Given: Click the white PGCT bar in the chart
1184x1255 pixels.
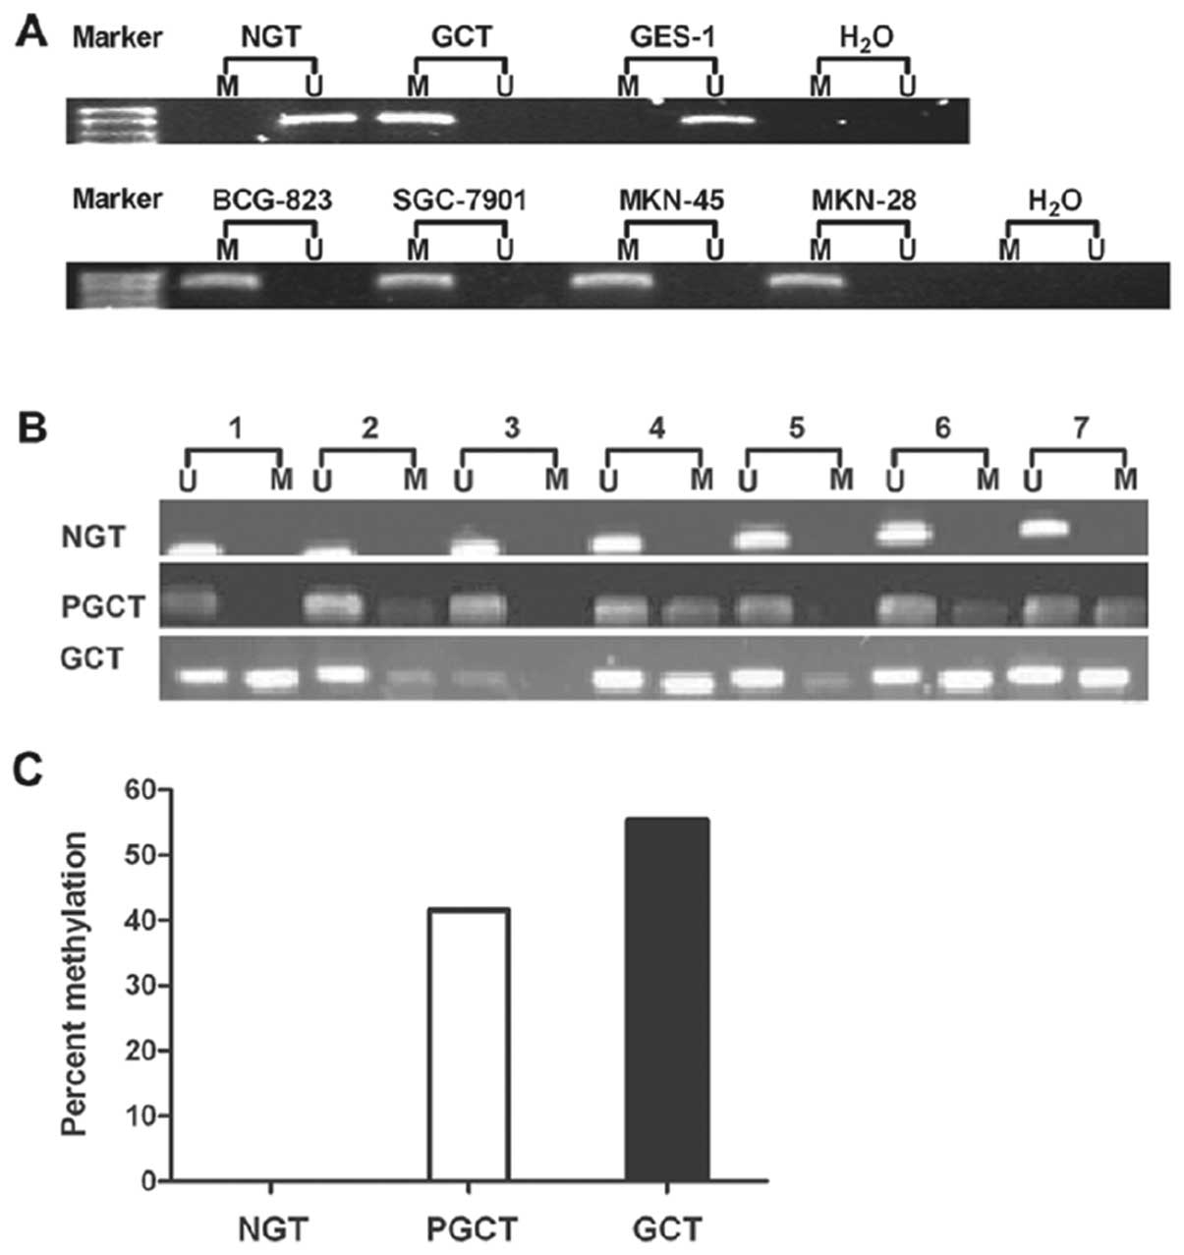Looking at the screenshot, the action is pos(469,1044).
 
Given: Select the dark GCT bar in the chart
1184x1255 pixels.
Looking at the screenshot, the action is pos(667,998).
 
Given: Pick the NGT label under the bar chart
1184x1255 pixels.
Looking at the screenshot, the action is pos(272,1228).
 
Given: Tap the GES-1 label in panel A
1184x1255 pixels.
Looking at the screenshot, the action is pos(673,38).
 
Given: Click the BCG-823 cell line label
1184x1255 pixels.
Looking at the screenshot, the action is pos(272,201).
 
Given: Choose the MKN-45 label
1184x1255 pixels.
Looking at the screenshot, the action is pos(673,201).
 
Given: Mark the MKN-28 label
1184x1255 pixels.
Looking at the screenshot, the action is pos(864,201).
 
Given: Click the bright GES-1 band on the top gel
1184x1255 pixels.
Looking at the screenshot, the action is pos(718,121).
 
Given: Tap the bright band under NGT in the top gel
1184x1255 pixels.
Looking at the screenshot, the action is pos(317,120).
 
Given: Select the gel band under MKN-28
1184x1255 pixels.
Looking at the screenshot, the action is pos(806,281).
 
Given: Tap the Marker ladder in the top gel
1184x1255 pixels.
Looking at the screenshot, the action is pos(110,121).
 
